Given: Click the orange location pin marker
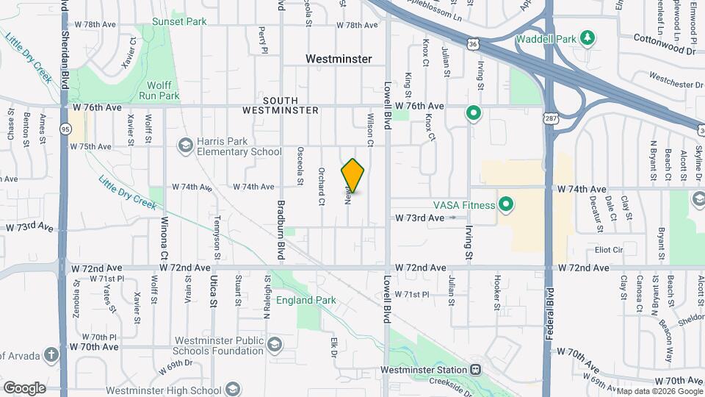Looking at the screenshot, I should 353,175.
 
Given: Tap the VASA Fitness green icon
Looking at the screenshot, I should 505,204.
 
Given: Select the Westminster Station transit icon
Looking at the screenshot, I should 476,369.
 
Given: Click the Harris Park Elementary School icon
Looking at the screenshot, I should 186,146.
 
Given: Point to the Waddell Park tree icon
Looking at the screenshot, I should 586,37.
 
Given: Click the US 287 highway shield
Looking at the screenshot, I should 548,118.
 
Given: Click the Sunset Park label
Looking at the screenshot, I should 179,21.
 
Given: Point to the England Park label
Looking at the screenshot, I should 305,300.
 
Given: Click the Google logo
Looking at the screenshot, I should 24,387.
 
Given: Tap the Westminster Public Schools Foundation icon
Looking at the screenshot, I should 274,345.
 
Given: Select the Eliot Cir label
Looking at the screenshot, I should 609,250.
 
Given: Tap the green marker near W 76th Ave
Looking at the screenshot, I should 474,113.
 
